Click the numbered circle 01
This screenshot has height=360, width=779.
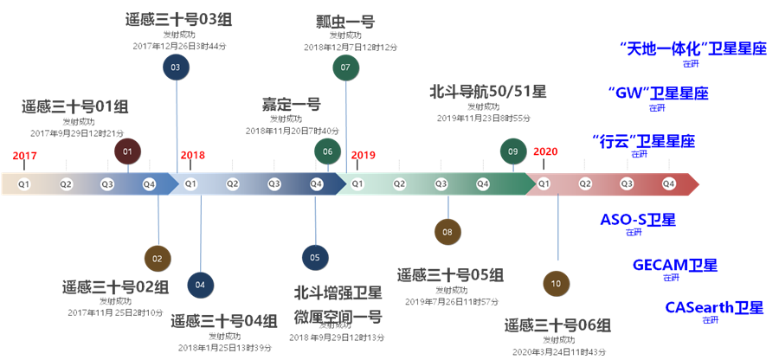coord(127,151)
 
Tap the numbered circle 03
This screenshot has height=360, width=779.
coord(176,67)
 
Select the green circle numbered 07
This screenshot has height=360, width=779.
coord(345,67)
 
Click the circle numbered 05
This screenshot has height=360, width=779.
coord(315,257)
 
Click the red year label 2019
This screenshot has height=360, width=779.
coord(363,155)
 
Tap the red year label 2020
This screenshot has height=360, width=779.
coord(545,151)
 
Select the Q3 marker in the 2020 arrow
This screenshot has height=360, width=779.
coord(627,183)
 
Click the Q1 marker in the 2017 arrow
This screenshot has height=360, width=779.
coord(24,183)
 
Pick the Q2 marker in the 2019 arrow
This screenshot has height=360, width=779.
coord(399,183)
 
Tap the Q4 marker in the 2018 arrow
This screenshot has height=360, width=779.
coord(316,183)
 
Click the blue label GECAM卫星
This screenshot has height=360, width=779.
coord(675,266)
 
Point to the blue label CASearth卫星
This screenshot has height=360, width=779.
coord(714,307)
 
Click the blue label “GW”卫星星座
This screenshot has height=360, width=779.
coord(659,93)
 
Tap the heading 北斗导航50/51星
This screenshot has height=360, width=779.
coord(488,91)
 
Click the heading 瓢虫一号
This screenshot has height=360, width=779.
coord(345,21)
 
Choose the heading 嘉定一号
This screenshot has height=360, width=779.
coord(292,104)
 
